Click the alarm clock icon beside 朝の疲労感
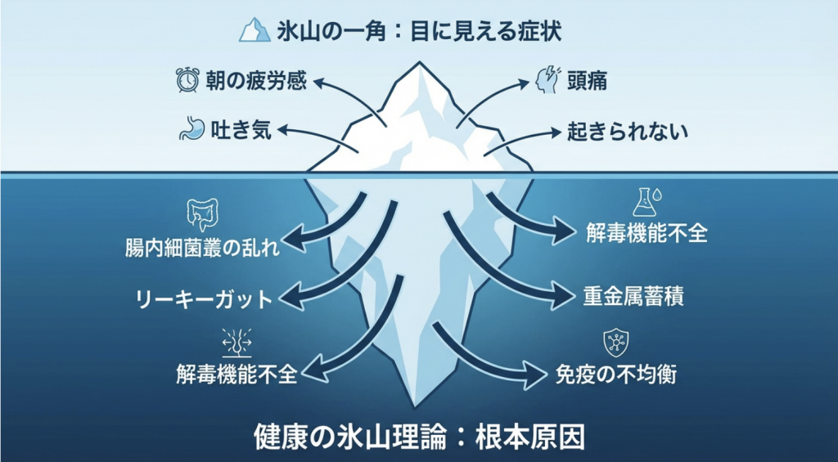pyautogui.click(x=188, y=80)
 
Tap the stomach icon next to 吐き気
pyautogui.click(x=191, y=129)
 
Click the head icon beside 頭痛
pyautogui.click(x=546, y=80)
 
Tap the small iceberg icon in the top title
pyautogui.click(x=255, y=31)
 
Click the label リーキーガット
pyautogui.click(x=202, y=298)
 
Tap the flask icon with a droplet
pyautogui.click(x=646, y=201)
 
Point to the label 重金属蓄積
pyautogui.click(x=633, y=295)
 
